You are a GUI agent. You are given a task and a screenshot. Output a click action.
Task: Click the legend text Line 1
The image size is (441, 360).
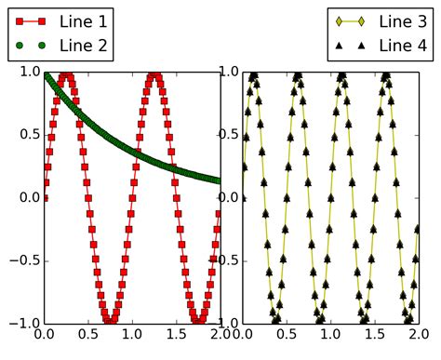coord(82,20)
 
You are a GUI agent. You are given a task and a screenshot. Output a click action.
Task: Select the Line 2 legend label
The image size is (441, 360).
coord(82,44)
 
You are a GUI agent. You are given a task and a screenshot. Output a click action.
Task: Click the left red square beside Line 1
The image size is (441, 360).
coord(16,20)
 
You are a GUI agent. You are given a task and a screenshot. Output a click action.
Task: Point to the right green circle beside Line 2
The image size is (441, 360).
coord(42,45)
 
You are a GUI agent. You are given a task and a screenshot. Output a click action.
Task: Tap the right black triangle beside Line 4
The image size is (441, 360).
coord(365,44)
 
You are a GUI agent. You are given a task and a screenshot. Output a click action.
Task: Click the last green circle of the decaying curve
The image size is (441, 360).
coord(220,180)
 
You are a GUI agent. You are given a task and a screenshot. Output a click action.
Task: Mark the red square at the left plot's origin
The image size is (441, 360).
coord(45,197)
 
